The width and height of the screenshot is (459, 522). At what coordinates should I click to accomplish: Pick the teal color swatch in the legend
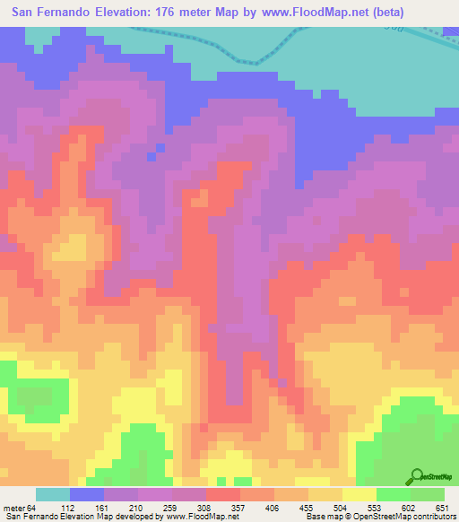(53, 494)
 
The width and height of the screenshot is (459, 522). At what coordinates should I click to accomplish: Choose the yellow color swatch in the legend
(359, 494)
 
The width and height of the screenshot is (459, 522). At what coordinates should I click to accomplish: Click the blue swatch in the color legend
(87, 494)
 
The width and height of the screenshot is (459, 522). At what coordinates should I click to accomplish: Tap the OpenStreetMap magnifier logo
(418, 475)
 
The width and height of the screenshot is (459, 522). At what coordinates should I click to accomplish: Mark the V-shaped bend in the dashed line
(257, 63)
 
